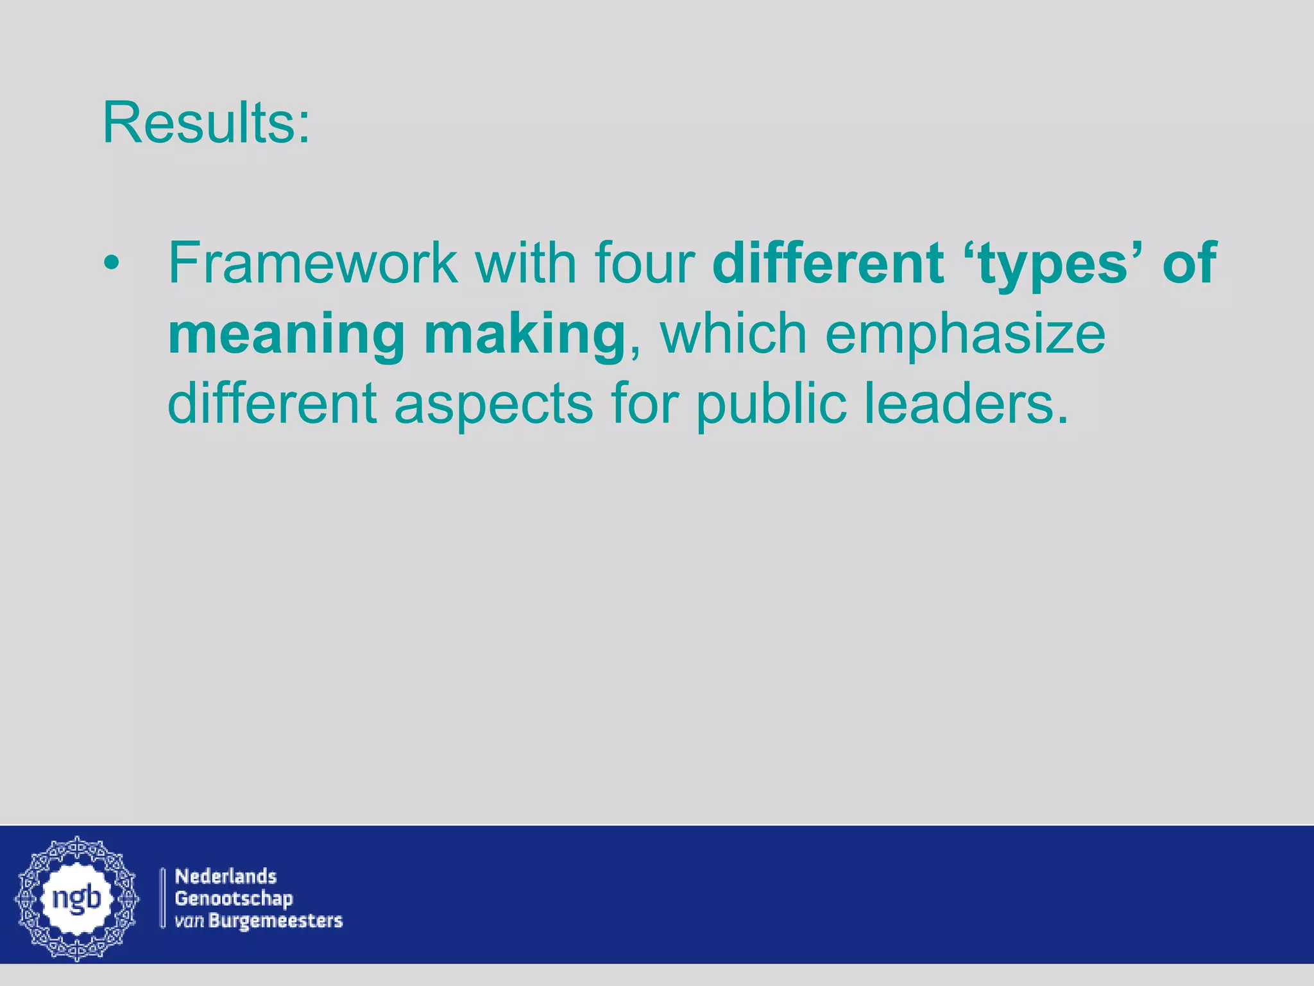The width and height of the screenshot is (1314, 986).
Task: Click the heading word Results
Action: (x=205, y=123)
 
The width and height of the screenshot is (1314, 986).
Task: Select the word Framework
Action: (x=313, y=263)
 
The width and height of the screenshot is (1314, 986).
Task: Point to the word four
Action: (x=645, y=263)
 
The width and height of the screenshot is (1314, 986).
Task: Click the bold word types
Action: (x=1052, y=265)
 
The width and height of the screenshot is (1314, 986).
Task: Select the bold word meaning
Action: (x=286, y=336)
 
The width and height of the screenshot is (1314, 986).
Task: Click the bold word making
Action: (x=524, y=336)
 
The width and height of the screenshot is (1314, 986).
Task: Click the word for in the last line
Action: (x=644, y=404)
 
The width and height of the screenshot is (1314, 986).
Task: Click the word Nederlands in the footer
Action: (x=226, y=876)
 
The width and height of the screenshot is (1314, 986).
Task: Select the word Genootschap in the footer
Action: (x=234, y=899)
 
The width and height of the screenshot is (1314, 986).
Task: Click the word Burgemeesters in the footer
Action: (x=276, y=921)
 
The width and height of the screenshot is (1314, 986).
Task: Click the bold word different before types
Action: (x=828, y=263)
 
